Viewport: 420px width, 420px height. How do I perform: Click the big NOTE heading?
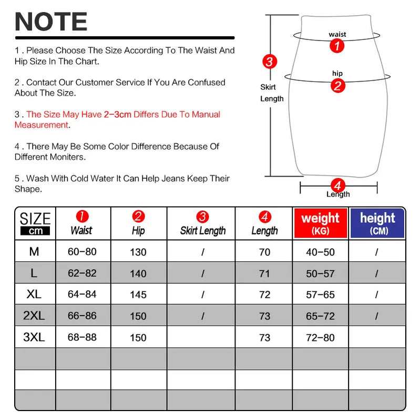click(51, 22)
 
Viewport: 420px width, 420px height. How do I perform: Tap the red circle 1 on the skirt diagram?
click(337, 46)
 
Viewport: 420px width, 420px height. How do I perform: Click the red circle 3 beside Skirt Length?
click(269, 62)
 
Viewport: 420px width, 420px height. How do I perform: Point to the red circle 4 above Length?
click(337, 186)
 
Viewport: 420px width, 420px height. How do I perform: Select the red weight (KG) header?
click(320, 223)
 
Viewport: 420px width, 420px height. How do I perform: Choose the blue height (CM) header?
click(377, 223)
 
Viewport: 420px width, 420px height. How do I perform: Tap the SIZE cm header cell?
click(35, 223)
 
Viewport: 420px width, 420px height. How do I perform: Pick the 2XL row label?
click(34, 316)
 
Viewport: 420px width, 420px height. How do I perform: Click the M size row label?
click(34, 252)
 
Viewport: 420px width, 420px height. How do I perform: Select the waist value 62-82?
click(82, 273)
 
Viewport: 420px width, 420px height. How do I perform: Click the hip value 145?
click(138, 295)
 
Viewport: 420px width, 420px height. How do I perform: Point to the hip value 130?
click(138, 252)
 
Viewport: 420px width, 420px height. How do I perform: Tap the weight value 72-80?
click(320, 337)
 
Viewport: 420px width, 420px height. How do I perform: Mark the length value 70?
click(264, 252)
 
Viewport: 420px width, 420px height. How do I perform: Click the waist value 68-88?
click(82, 337)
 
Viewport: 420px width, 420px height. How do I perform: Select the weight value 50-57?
click(320, 273)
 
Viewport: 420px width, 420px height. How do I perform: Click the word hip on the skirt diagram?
click(337, 73)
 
